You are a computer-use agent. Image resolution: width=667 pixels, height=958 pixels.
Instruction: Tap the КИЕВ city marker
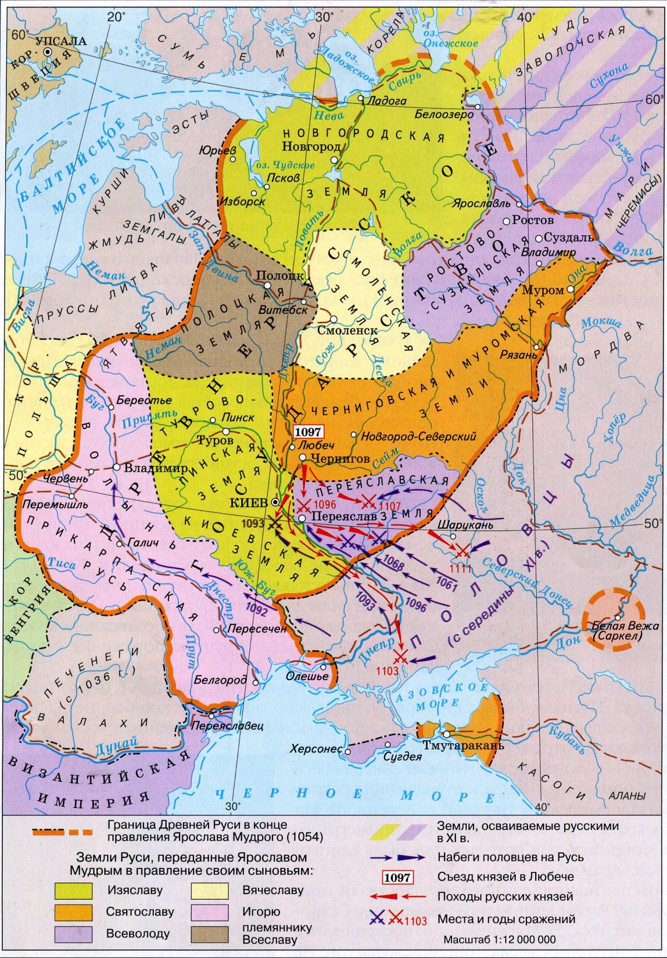tap(275, 502)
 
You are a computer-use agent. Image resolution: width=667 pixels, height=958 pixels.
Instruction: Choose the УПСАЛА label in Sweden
tap(61, 41)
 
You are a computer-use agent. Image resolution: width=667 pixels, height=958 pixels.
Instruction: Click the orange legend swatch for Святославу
tap(73, 912)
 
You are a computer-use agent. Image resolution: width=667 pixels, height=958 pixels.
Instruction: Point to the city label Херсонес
tap(315, 749)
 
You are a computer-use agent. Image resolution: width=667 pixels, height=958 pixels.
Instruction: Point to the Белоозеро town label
tap(444, 114)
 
